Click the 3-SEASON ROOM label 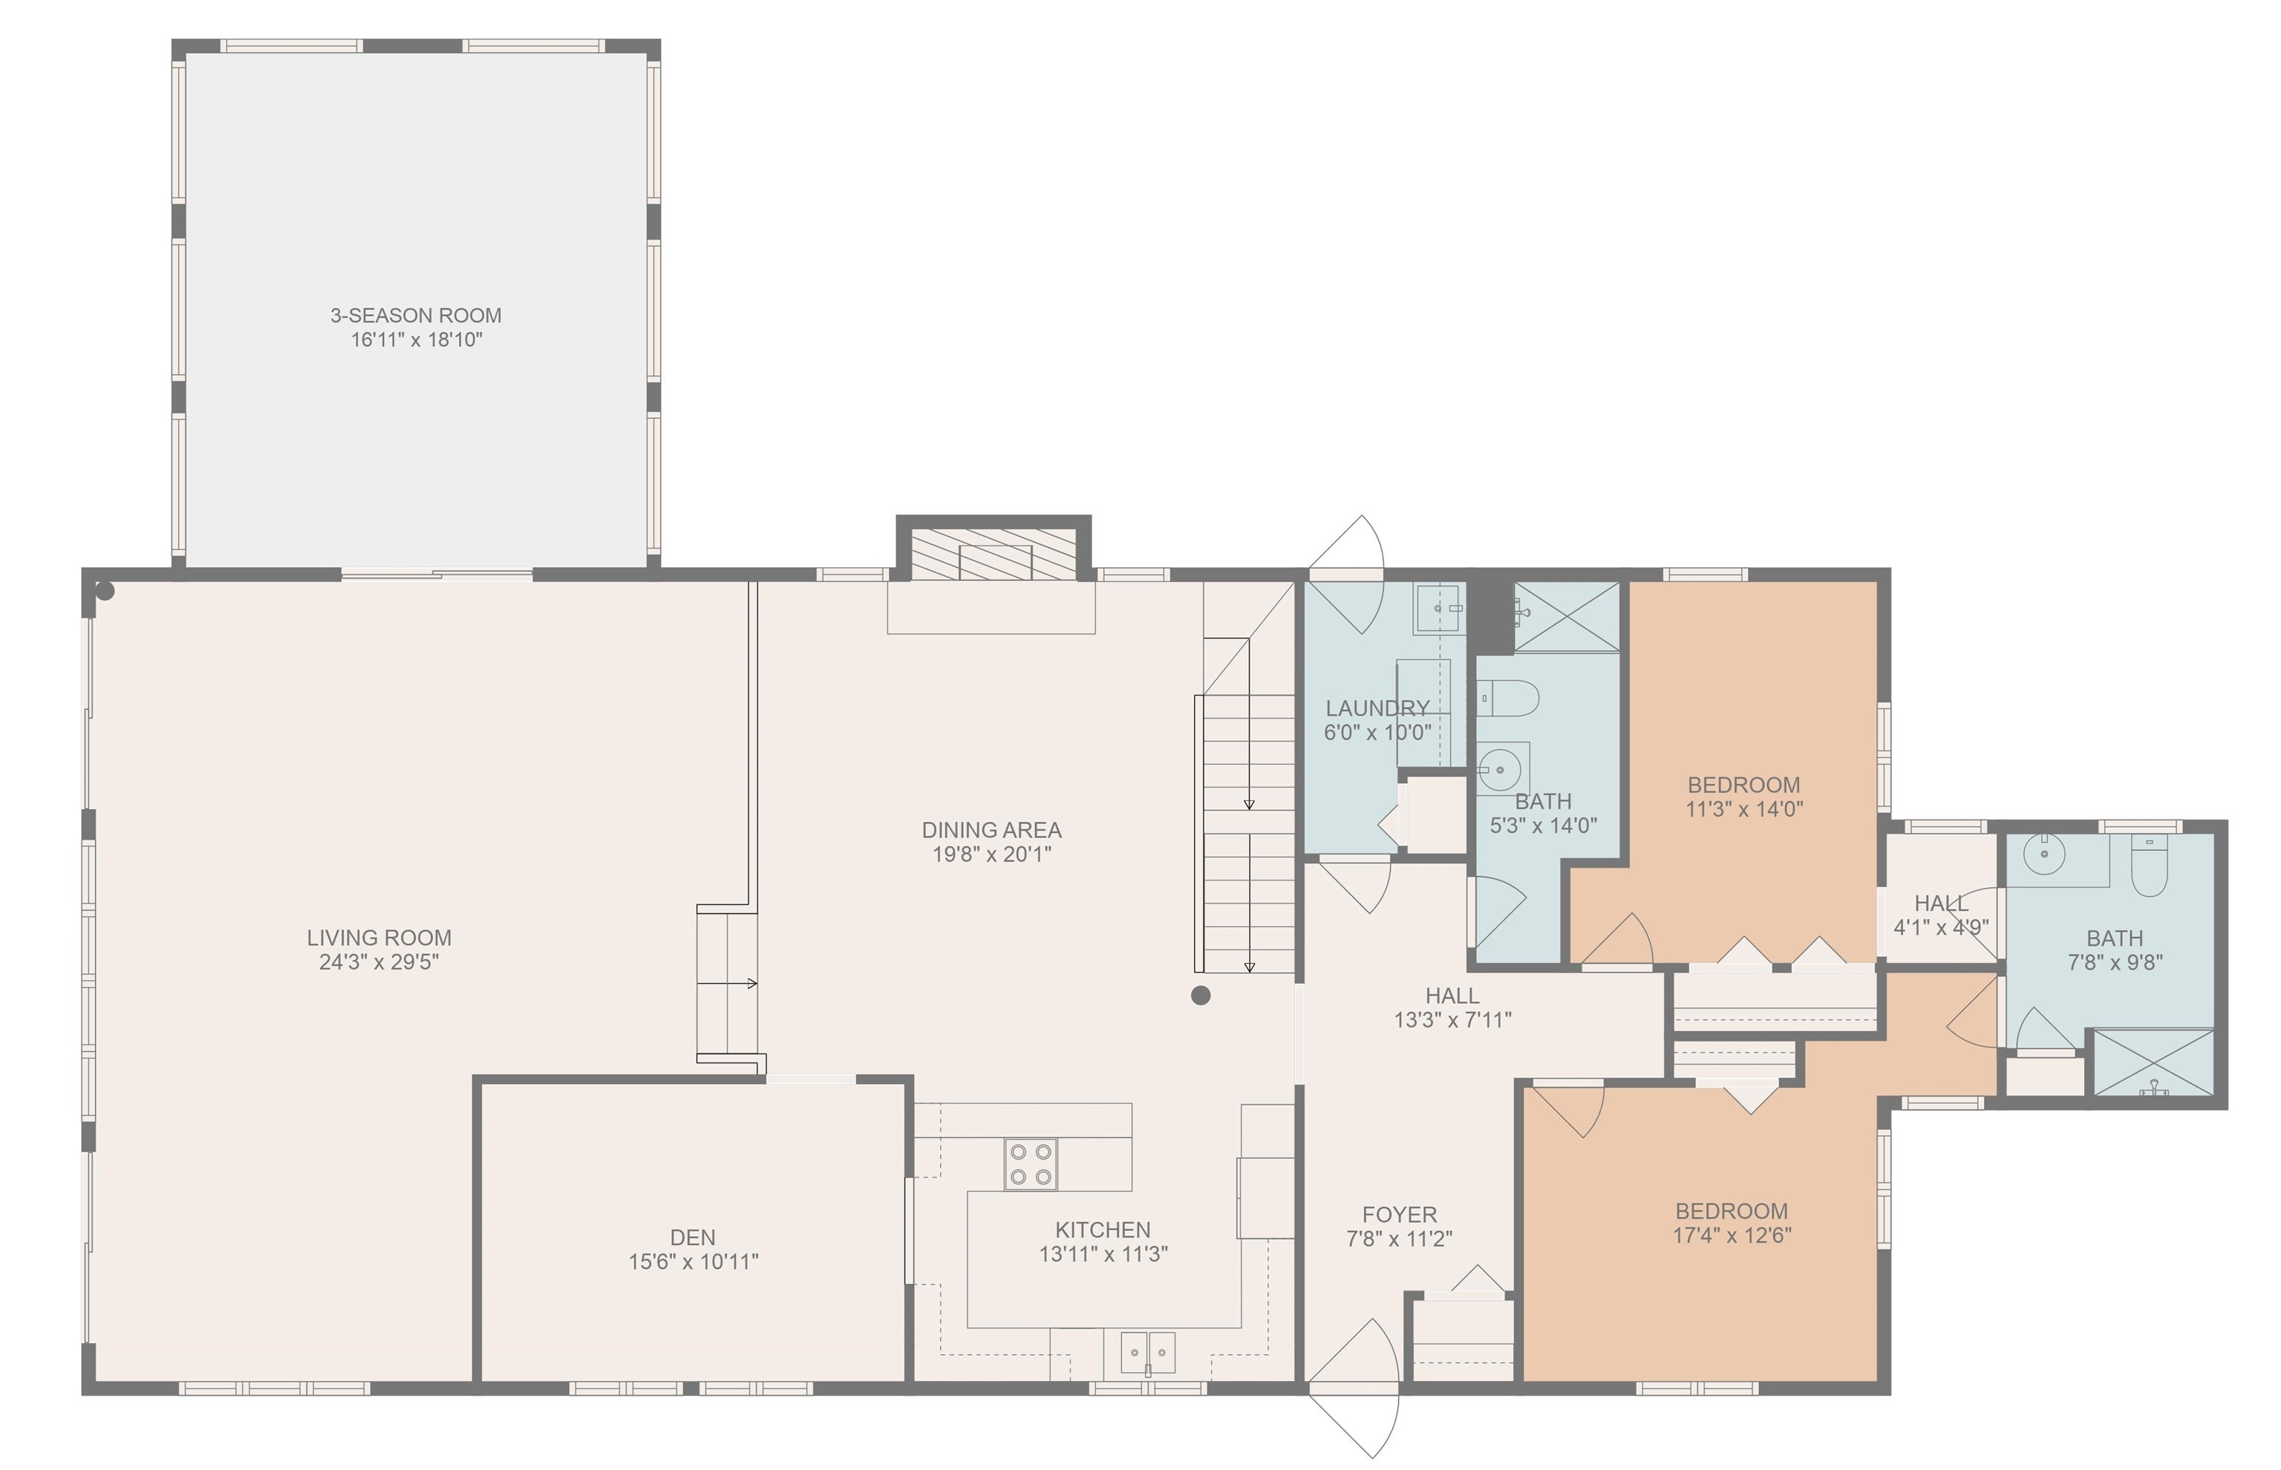click(415, 315)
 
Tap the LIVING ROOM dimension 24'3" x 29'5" click(379, 962)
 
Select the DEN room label click(692, 1237)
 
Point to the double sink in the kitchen click(1147, 1353)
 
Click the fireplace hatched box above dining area click(993, 554)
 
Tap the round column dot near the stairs click(1201, 996)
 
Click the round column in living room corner click(105, 592)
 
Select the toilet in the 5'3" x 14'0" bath click(1509, 698)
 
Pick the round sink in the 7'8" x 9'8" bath click(2043, 855)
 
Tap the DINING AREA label click(991, 829)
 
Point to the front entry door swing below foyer click(1355, 1389)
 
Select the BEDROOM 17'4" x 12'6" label click(1732, 1210)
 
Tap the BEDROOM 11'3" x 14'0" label click(1743, 785)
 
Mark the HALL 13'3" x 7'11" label click(1452, 996)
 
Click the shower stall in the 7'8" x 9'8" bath click(2152, 1062)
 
